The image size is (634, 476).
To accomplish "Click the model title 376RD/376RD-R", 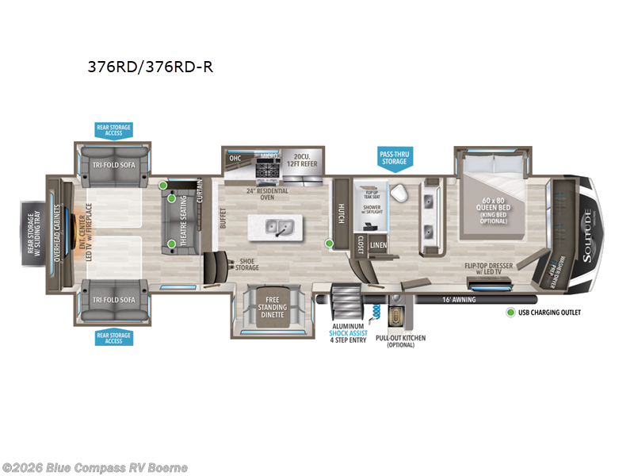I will (x=150, y=67).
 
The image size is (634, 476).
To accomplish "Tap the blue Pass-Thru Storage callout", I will (x=394, y=157).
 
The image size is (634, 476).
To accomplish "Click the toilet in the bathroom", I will (x=401, y=194).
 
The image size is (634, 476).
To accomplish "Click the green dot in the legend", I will (x=511, y=313).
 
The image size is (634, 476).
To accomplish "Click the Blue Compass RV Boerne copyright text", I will (x=95, y=467).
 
